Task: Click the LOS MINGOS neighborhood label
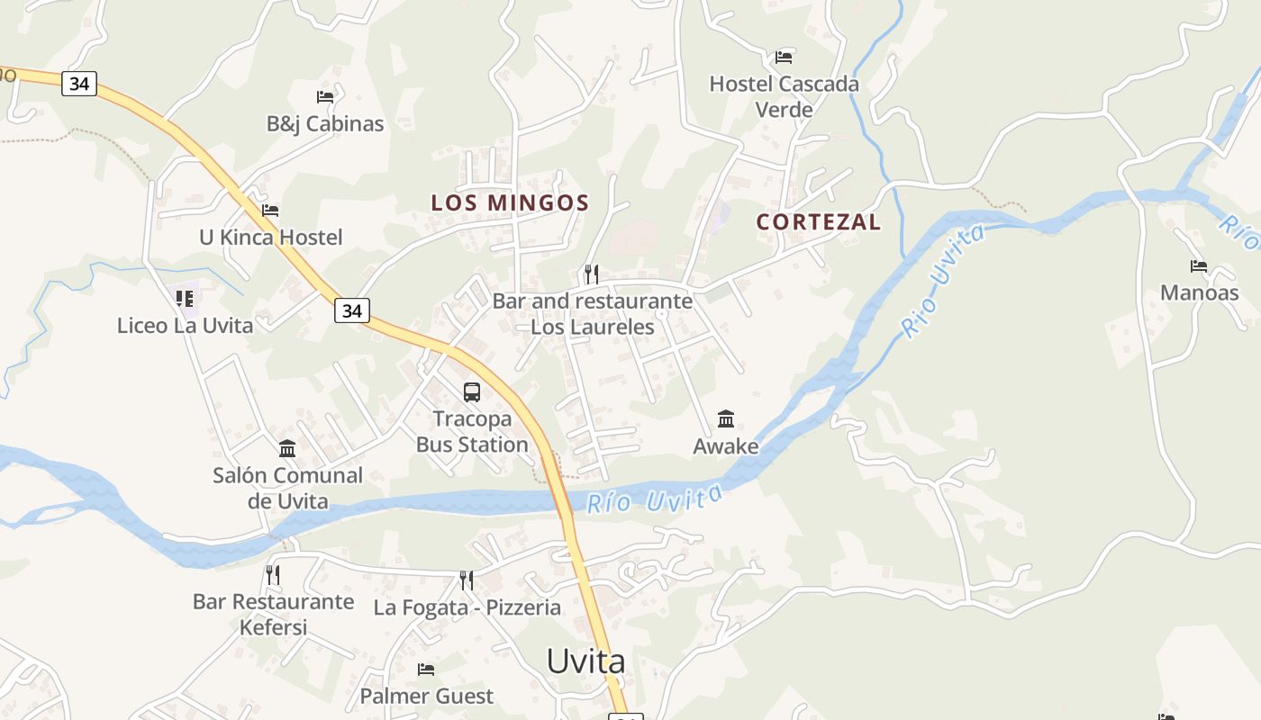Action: pyautogui.click(x=510, y=202)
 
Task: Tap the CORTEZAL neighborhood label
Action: pyautogui.click(x=818, y=221)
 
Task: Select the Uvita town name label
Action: pyautogui.click(x=585, y=661)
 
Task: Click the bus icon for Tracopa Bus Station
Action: pyautogui.click(x=472, y=391)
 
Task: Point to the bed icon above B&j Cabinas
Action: pyautogui.click(x=325, y=96)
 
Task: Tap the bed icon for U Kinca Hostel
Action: pyautogui.click(x=270, y=211)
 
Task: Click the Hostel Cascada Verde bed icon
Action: pyautogui.click(x=784, y=57)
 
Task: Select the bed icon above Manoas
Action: pyautogui.click(x=1199, y=266)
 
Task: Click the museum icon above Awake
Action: pyautogui.click(x=726, y=418)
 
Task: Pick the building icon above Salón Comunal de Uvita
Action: pyautogui.click(x=287, y=448)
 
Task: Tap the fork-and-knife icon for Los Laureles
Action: pyautogui.click(x=592, y=274)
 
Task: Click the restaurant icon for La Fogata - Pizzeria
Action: pyautogui.click(x=467, y=580)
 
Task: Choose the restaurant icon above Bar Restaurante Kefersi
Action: pyautogui.click(x=273, y=574)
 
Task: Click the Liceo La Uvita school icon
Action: pyautogui.click(x=185, y=298)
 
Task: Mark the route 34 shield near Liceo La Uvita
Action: pyautogui.click(x=352, y=310)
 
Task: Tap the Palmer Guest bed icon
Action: pyautogui.click(x=426, y=669)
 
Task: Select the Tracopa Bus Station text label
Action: pyautogui.click(x=472, y=432)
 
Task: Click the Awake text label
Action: pyautogui.click(x=726, y=445)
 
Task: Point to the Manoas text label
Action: pyautogui.click(x=1199, y=292)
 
